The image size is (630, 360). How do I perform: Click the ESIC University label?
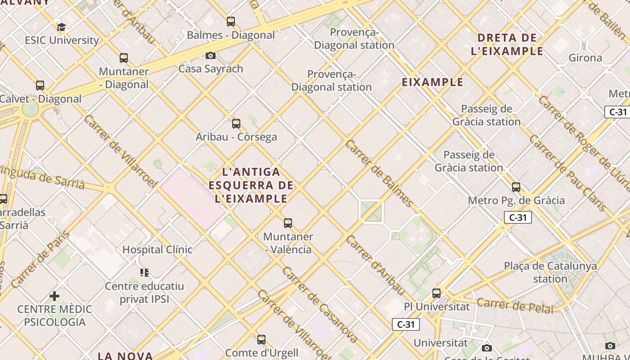[x=62, y=40]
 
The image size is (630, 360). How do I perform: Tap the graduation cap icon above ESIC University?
[x=61, y=27]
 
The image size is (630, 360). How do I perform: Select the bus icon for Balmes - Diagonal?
[x=231, y=21]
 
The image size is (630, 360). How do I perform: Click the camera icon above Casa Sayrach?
[x=210, y=55]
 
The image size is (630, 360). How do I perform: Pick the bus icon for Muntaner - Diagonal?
[x=124, y=58]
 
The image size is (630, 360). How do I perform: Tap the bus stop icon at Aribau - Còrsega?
[x=236, y=123]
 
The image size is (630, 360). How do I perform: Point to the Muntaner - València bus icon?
[x=288, y=223]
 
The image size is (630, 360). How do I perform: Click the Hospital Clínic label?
[x=157, y=249]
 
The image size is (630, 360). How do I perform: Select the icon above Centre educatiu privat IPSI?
[x=144, y=272]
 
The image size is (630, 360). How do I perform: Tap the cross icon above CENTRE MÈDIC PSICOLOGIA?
[x=54, y=296]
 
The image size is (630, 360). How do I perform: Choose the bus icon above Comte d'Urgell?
[x=261, y=339]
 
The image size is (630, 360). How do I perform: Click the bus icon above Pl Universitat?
[x=436, y=293]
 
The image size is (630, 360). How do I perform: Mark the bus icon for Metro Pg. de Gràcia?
[x=516, y=187]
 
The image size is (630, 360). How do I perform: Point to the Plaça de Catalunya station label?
[x=550, y=272]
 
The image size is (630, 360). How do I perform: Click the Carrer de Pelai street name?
[x=515, y=305]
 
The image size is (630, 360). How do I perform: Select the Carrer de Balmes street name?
[x=379, y=174]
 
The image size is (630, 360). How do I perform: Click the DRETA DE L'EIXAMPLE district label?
[x=507, y=44]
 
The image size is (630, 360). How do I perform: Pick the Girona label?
[x=585, y=58]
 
